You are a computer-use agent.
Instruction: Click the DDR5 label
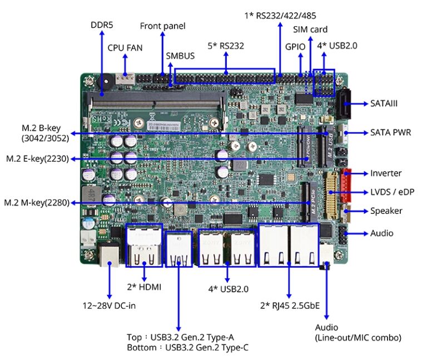102,26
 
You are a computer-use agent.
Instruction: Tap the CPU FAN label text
125,48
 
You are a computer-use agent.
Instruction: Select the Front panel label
162,26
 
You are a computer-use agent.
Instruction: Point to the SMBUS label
180,56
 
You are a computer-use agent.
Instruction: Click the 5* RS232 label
226,46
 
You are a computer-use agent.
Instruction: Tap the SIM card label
310,29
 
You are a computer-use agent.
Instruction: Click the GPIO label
295,47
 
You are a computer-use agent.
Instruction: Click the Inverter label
386,173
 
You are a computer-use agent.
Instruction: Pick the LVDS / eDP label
393,192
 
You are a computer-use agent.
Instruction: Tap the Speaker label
386,211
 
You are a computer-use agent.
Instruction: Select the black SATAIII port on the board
344,104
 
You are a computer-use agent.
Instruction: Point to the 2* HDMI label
144,287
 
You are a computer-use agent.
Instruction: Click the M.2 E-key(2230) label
37,159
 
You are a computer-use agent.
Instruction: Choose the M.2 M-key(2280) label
37,202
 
